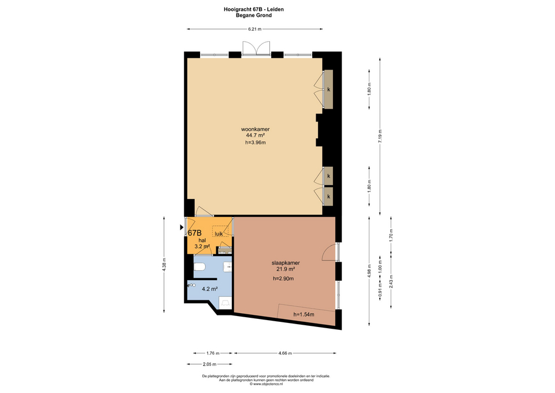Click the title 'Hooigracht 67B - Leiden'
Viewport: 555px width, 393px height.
(x=253, y=10)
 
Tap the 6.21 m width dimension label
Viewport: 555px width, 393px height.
(x=255, y=29)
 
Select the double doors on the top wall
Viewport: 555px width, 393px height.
(x=256, y=48)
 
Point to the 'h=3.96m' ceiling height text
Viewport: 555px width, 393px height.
(x=255, y=142)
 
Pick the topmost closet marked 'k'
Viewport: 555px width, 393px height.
(x=328, y=89)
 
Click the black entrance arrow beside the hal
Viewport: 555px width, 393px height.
(x=182, y=227)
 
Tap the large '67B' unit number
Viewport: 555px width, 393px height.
(x=195, y=233)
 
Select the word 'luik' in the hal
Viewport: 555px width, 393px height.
(x=219, y=233)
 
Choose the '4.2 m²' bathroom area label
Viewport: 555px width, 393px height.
(x=209, y=289)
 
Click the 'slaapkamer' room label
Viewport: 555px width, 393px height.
(x=286, y=263)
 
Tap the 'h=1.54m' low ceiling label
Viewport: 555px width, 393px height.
(x=304, y=314)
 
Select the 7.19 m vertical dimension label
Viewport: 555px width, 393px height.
(x=380, y=136)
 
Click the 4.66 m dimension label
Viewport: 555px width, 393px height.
(x=285, y=353)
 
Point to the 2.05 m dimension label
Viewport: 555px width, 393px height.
(x=209, y=364)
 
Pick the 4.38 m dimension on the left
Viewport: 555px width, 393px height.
(x=164, y=265)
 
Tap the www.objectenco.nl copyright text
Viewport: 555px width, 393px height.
(x=266, y=384)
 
